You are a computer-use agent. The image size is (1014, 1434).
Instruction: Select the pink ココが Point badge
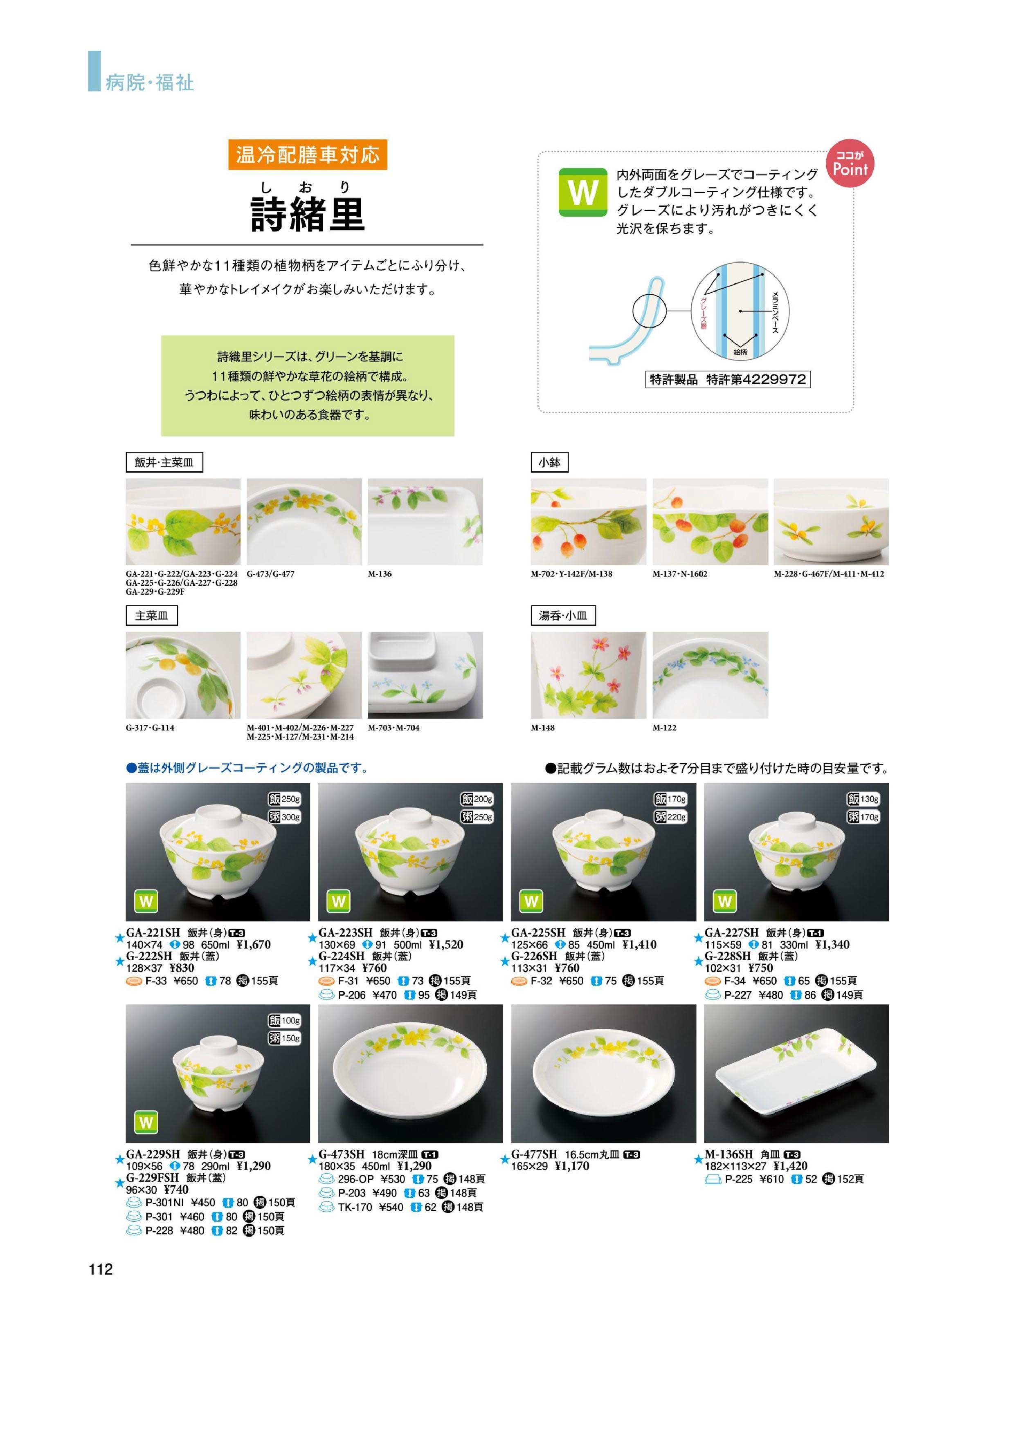pyautogui.click(x=850, y=164)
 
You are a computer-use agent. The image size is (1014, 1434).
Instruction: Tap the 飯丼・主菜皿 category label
pyautogui.click(x=164, y=462)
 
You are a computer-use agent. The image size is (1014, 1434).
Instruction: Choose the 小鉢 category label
pyautogui.click(x=550, y=462)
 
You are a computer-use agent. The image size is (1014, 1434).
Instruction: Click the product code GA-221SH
pyautogui.click(x=153, y=932)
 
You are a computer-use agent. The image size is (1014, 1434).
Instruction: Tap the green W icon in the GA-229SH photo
pyautogui.click(x=146, y=1123)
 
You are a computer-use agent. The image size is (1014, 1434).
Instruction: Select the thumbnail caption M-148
pyautogui.click(x=543, y=728)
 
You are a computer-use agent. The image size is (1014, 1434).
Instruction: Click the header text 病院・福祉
pyautogui.click(x=150, y=83)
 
